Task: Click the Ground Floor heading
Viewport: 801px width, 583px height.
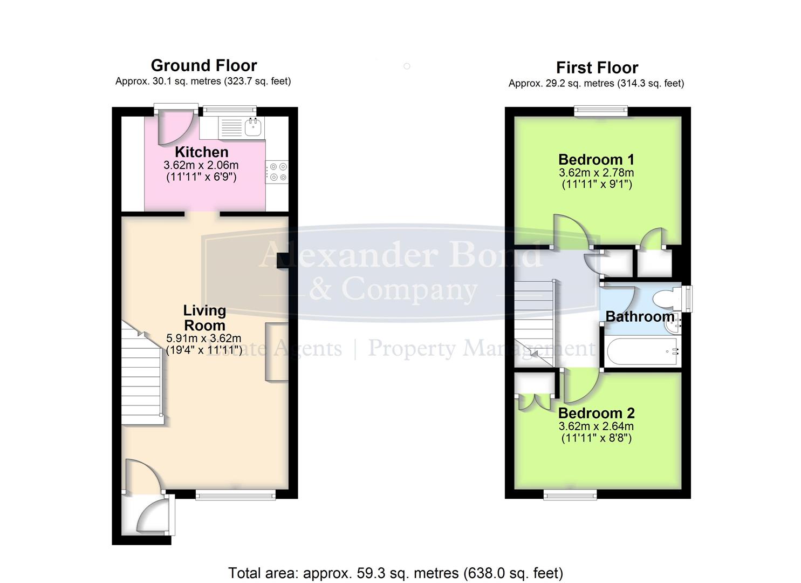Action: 203,65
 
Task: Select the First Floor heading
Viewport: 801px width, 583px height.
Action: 597,67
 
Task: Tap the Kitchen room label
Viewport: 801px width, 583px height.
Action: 201,152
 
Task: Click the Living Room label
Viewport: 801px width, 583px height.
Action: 204,318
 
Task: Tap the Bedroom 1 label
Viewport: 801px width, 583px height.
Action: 596,160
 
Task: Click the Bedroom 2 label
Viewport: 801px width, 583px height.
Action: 596,413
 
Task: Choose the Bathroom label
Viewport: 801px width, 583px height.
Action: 639,316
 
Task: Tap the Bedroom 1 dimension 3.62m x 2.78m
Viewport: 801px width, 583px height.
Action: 596,173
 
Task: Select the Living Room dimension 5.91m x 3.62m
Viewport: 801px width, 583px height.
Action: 203,338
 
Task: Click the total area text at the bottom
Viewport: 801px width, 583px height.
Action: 395,573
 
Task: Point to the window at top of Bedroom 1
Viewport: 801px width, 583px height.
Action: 601,112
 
